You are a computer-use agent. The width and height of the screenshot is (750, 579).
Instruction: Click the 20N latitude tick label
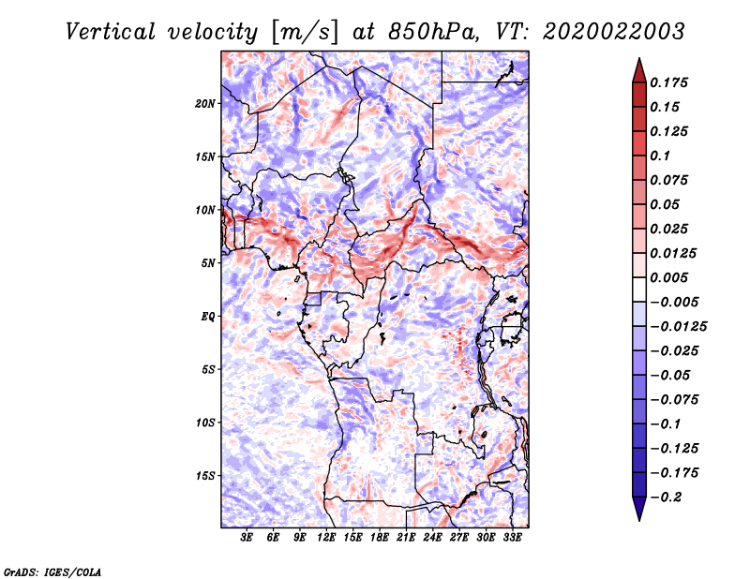pos(205,103)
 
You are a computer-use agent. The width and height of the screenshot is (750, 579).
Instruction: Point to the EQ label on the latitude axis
pos(207,316)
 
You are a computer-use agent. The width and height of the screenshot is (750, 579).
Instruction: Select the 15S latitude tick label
pos(205,475)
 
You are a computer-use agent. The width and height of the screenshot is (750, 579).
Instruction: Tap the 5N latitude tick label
pos(208,262)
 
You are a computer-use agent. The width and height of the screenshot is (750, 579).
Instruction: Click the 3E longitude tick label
pos(247,539)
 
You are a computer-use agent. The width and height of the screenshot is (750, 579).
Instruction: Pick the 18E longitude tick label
pos(380,539)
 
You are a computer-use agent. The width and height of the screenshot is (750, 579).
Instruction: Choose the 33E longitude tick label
pos(512,539)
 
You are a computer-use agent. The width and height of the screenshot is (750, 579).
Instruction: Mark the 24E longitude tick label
pos(432,539)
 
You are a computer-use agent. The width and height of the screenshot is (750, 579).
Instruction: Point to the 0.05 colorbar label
pos(667,204)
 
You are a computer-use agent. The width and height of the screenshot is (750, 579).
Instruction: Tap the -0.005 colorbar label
pos(674,302)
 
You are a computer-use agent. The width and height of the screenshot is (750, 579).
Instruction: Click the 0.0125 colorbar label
pos(674,253)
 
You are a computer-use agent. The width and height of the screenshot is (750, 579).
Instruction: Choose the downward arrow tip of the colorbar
pos(638,518)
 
